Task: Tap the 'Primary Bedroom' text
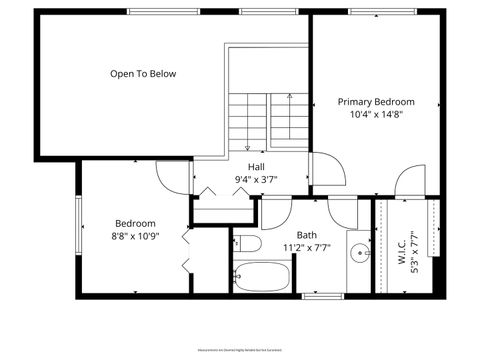point(375,101)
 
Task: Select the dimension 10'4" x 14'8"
point(375,114)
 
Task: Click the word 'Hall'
point(256,167)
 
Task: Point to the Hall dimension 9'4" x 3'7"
point(256,180)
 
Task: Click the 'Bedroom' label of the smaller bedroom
point(135,223)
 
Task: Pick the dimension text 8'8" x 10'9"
point(135,236)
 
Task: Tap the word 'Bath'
point(306,234)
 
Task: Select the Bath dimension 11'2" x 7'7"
point(306,247)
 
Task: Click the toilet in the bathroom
point(248,243)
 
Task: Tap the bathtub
point(262,276)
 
